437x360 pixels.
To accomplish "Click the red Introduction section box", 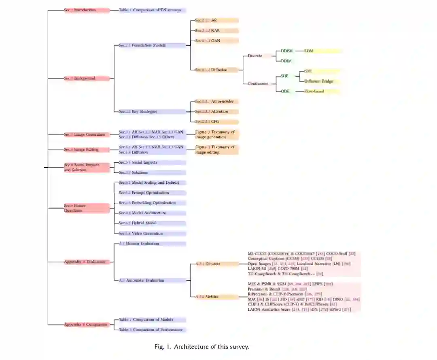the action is tap(86, 10).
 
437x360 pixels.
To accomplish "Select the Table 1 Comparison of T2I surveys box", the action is tap(152, 10).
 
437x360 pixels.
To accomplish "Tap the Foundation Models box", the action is tap(152, 45).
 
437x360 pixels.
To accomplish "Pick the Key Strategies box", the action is tap(152, 111).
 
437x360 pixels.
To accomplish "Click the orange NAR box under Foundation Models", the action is tap(216, 30).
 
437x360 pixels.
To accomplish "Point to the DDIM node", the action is tap(286, 61).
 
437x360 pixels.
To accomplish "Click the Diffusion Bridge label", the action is tap(319, 81).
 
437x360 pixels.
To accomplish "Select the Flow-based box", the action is tap(320, 92).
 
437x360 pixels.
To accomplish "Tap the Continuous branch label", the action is tap(258, 84).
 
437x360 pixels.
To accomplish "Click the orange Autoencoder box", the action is tap(216, 101).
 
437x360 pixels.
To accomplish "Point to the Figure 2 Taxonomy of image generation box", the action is tap(216, 134).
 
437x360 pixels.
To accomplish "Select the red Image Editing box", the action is tap(86, 150).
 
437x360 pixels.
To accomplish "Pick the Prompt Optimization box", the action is tap(152, 193).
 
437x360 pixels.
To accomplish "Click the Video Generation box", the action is tap(152, 234).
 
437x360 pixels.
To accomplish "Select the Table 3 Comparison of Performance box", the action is tap(152, 330).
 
